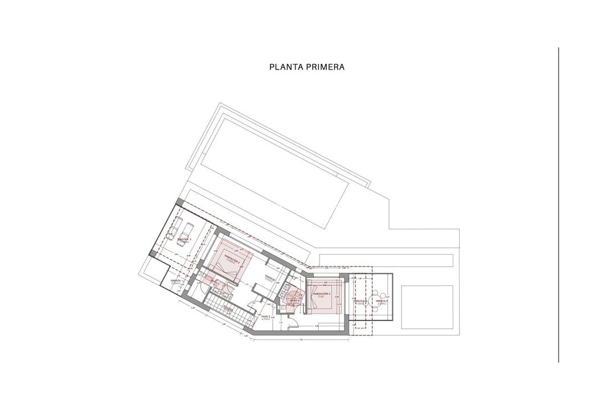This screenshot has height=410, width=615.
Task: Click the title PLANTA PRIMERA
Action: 306,67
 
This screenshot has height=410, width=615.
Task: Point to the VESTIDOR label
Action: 270,278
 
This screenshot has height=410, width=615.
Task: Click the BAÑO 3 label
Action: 215,281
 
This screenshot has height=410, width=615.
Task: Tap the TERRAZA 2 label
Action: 382,301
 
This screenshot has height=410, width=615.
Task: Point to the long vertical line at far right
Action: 559,205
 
